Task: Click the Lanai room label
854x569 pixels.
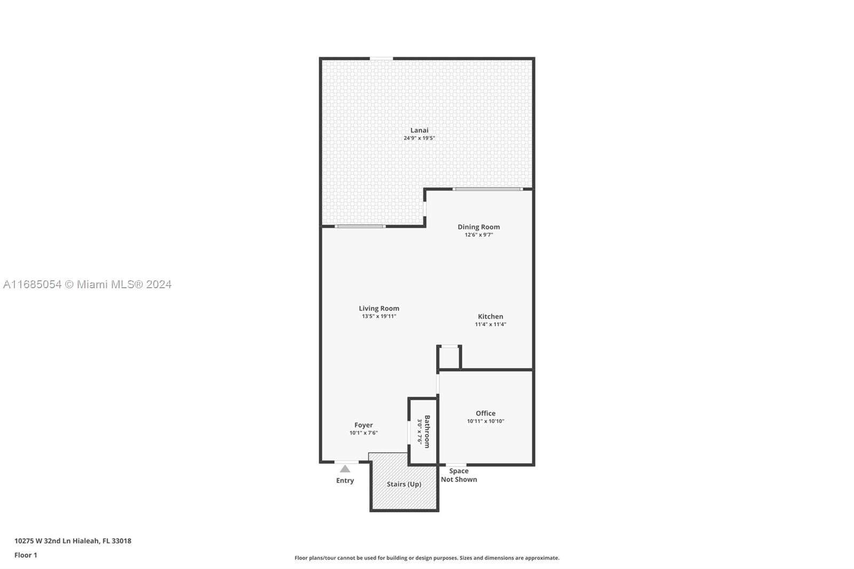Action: pyautogui.click(x=420, y=130)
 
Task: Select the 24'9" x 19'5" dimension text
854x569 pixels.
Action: pyautogui.click(x=420, y=138)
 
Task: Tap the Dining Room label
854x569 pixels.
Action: pyautogui.click(x=479, y=227)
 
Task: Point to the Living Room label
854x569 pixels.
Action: pyautogui.click(x=379, y=309)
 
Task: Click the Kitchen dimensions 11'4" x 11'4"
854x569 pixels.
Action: pyautogui.click(x=491, y=325)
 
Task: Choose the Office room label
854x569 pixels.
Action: pyautogui.click(x=486, y=413)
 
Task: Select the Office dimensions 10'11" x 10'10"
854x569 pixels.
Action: pyautogui.click(x=486, y=421)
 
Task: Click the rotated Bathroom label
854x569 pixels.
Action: pyautogui.click(x=427, y=432)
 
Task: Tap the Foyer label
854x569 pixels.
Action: pyautogui.click(x=363, y=425)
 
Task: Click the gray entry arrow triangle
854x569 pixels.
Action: pyautogui.click(x=345, y=469)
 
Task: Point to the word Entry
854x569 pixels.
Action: pyautogui.click(x=345, y=480)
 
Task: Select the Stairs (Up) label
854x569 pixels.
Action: pyautogui.click(x=404, y=484)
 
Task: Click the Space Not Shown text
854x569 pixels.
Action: pyautogui.click(x=459, y=475)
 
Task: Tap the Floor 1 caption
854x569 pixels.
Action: pyautogui.click(x=26, y=555)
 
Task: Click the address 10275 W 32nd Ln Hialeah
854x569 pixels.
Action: pyautogui.click(x=57, y=541)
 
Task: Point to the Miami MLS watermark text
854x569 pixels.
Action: pyautogui.click(x=88, y=284)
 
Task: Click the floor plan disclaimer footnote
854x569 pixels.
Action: pyautogui.click(x=427, y=558)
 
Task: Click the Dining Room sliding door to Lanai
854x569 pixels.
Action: pyautogui.click(x=488, y=189)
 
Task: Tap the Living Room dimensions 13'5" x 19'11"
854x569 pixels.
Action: pyautogui.click(x=379, y=317)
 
